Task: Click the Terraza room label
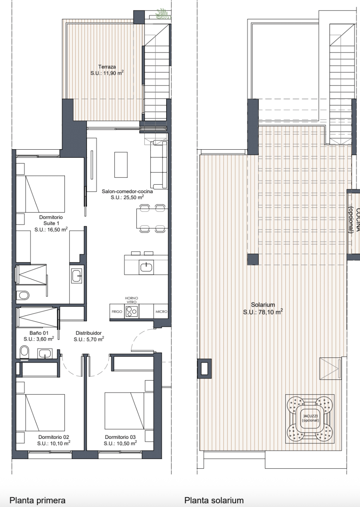point(107,67)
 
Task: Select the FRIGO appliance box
point(117,312)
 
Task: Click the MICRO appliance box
point(161,312)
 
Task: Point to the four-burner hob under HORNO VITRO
point(132,312)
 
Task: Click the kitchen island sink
point(147,267)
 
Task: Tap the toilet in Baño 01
point(25,352)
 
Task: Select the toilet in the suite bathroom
point(23,295)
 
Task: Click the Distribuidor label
point(89,333)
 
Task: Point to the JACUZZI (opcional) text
point(310,418)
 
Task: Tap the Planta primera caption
point(38,500)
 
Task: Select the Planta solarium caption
point(214,500)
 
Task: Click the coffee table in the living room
point(121,165)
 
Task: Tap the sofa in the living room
point(159,165)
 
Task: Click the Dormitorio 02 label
point(54,437)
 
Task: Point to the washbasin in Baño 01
point(45,353)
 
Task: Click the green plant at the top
point(163,14)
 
